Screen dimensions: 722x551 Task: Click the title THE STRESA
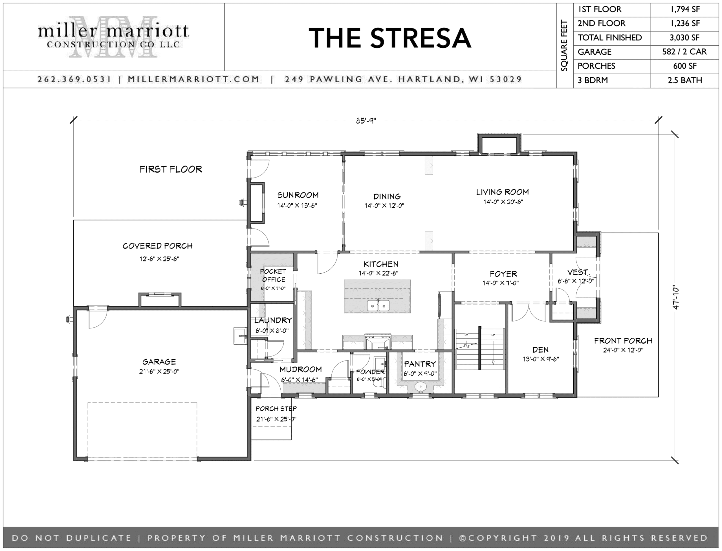[390, 38]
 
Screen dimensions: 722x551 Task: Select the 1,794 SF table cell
[684, 9]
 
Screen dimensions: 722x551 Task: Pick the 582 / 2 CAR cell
[684, 52]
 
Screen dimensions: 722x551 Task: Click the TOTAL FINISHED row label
[610, 38]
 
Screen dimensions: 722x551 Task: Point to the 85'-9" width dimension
[366, 120]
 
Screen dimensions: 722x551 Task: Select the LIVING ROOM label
[503, 192]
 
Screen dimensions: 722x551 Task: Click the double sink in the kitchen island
[378, 305]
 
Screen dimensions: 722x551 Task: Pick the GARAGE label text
[159, 362]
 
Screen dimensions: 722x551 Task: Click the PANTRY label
[420, 364]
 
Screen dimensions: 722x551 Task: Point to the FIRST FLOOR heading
[171, 169]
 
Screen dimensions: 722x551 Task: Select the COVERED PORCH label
[158, 246]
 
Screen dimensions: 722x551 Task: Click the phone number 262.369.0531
[74, 79]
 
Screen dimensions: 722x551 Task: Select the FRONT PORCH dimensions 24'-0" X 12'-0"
[623, 350]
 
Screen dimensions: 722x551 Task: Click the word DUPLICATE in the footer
[99, 538]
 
